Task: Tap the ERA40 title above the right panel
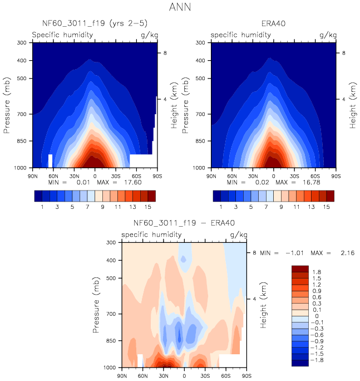273,23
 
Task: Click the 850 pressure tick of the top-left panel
23,142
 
